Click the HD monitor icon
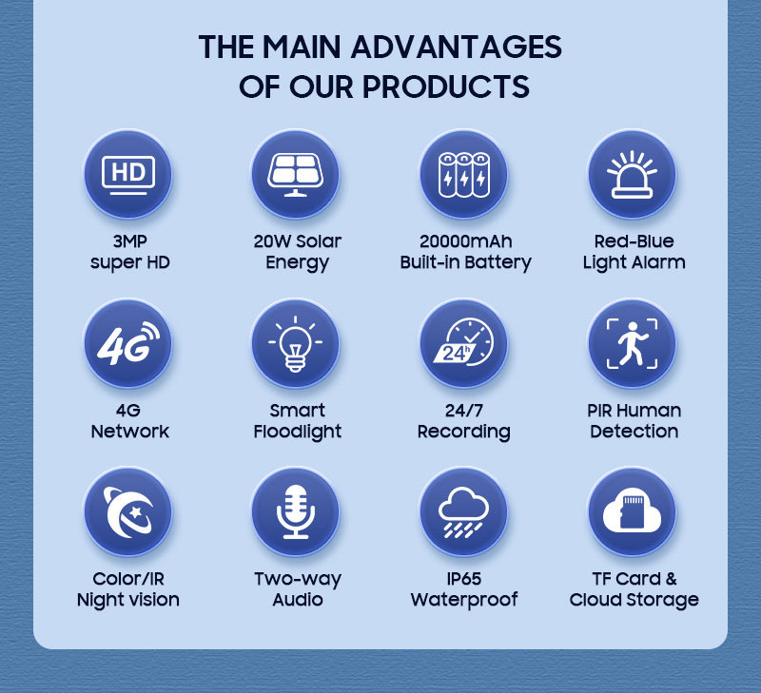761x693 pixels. click(x=127, y=174)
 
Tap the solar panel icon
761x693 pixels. click(x=296, y=174)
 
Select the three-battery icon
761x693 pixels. click(x=464, y=174)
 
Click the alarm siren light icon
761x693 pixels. click(x=633, y=174)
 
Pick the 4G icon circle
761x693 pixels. click(x=127, y=343)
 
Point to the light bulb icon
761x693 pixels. click(x=296, y=343)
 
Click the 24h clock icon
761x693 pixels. click(x=464, y=343)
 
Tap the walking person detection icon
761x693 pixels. click(x=633, y=343)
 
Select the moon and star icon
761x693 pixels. click(x=127, y=512)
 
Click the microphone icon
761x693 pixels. click(x=296, y=512)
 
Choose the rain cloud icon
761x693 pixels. click(x=464, y=512)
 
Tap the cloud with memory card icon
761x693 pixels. click(x=633, y=512)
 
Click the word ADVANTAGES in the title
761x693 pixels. click(x=457, y=47)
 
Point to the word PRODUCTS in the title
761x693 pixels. click(x=445, y=87)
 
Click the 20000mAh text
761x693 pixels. click(x=465, y=241)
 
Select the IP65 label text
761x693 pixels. click(x=464, y=579)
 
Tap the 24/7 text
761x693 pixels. click(x=464, y=411)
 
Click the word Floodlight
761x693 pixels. click(x=297, y=432)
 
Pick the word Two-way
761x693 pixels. click(x=297, y=579)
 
